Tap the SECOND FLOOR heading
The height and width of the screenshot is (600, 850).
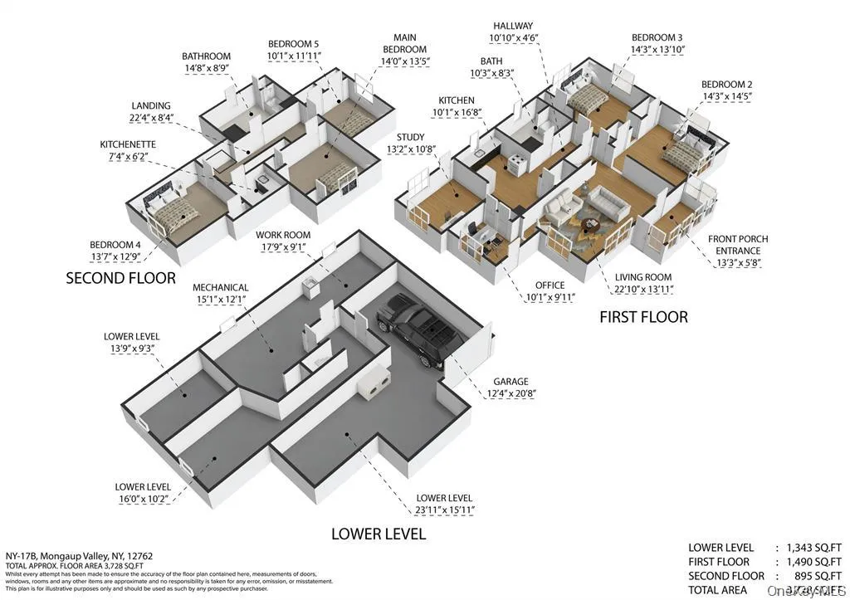pyautogui.click(x=120, y=279)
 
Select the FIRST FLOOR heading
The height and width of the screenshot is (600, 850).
pyautogui.click(x=643, y=317)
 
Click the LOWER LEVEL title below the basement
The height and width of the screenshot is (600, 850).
pyautogui.click(x=379, y=534)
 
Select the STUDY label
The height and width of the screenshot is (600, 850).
pyautogui.click(x=410, y=137)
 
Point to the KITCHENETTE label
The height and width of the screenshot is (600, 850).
pyautogui.click(x=128, y=144)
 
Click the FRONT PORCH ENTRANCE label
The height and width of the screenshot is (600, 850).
pyautogui.click(x=737, y=245)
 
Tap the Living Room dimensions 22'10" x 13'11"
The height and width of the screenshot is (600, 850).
pyautogui.click(x=643, y=290)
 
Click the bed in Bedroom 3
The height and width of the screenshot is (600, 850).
pyautogui.click(x=591, y=102)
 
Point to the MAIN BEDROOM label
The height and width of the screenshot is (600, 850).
pyautogui.click(x=405, y=43)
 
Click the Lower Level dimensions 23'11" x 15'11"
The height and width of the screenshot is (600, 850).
pyautogui.click(x=445, y=510)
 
